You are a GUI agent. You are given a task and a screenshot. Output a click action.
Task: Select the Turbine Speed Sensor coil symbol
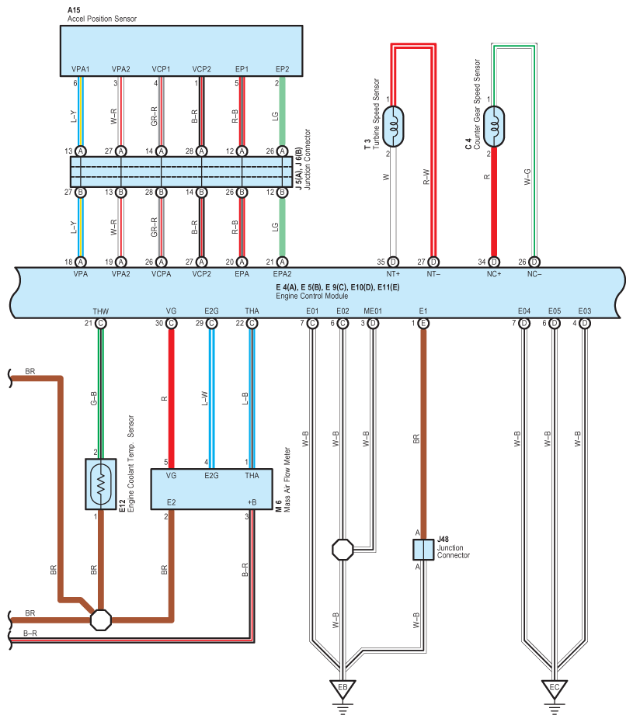click(x=394, y=127)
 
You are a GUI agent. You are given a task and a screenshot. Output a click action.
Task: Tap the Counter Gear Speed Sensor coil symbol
click(x=494, y=127)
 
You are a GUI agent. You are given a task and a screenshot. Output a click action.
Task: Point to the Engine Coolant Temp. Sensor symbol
click(x=101, y=484)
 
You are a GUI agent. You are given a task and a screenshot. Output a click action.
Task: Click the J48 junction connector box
click(x=423, y=550)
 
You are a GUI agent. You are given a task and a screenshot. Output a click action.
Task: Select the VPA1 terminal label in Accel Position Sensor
click(x=81, y=69)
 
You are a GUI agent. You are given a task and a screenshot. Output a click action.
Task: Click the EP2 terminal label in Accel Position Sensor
click(x=283, y=69)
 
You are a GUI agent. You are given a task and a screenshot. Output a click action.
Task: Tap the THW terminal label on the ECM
click(x=100, y=311)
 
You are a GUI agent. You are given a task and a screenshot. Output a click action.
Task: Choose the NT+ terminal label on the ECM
click(x=394, y=274)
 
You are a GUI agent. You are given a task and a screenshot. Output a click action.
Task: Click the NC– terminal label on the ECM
click(x=534, y=274)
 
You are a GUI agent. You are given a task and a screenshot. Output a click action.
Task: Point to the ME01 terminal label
click(x=373, y=311)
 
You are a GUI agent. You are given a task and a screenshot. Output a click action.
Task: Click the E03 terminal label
click(x=585, y=311)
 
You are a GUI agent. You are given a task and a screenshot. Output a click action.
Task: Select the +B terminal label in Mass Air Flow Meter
click(x=252, y=502)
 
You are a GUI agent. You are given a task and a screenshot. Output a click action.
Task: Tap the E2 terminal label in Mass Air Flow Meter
click(x=172, y=502)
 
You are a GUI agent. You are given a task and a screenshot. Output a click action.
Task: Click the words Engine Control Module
click(x=312, y=296)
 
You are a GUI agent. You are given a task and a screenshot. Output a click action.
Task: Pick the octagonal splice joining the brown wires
click(x=101, y=620)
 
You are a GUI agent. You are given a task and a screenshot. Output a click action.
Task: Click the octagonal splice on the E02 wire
click(x=343, y=550)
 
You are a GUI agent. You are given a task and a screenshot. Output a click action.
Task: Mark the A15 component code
click(x=74, y=10)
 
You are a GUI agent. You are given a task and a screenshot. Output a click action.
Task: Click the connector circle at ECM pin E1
click(x=423, y=323)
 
